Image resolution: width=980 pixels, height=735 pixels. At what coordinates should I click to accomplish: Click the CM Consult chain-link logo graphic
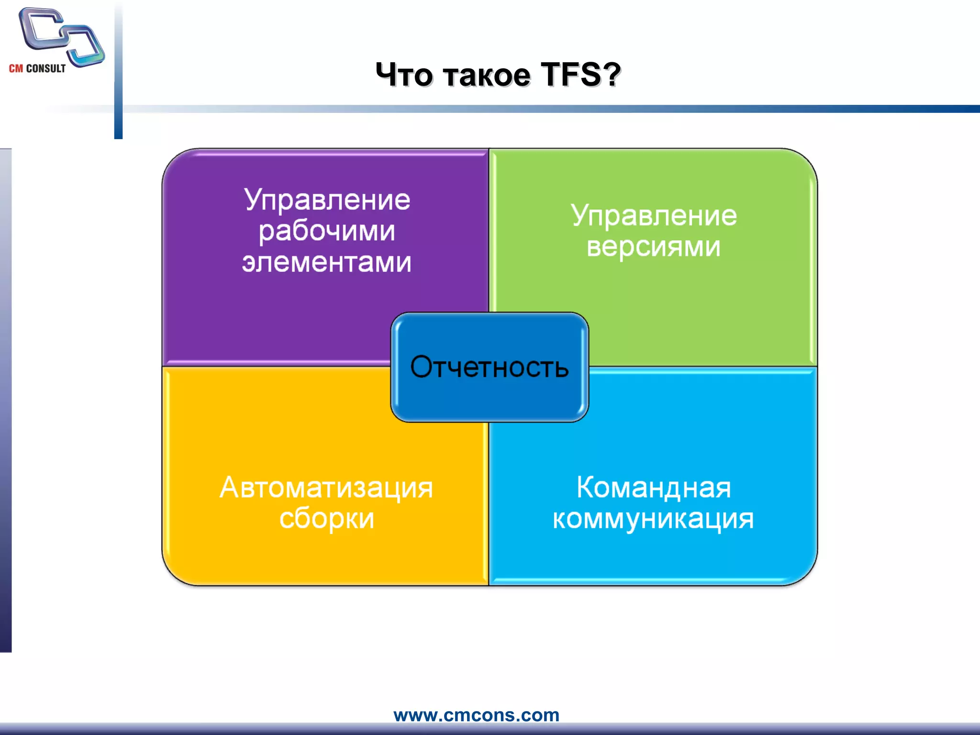click(x=61, y=36)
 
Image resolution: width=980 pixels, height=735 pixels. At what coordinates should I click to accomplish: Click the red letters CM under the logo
click(x=16, y=68)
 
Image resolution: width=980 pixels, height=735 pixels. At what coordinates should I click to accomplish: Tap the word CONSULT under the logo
click(x=46, y=68)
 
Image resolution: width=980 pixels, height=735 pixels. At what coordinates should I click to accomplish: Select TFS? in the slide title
click(x=580, y=75)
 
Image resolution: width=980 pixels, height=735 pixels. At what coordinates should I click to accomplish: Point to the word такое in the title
click(x=487, y=76)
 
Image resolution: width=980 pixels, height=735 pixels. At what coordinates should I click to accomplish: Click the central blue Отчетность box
click(x=490, y=367)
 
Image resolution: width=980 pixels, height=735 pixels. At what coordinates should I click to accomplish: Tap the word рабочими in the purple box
click(x=327, y=232)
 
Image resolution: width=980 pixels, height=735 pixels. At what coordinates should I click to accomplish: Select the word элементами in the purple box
click(x=327, y=262)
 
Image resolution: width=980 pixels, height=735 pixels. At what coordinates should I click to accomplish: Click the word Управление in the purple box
click(x=327, y=200)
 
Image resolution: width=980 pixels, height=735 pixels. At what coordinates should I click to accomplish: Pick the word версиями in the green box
click(x=654, y=247)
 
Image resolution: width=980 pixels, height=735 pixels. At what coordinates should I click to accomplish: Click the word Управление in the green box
click(x=654, y=216)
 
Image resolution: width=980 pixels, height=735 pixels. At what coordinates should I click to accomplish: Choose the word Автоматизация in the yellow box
click(x=326, y=488)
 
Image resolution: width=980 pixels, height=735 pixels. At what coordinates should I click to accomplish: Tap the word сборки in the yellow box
click(x=327, y=519)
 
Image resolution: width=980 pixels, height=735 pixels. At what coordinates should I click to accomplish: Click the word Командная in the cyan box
click(x=654, y=488)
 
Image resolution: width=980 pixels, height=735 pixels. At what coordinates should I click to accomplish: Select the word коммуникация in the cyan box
click(x=654, y=519)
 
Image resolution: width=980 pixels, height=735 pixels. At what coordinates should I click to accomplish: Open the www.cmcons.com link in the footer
click(x=476, y=715)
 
